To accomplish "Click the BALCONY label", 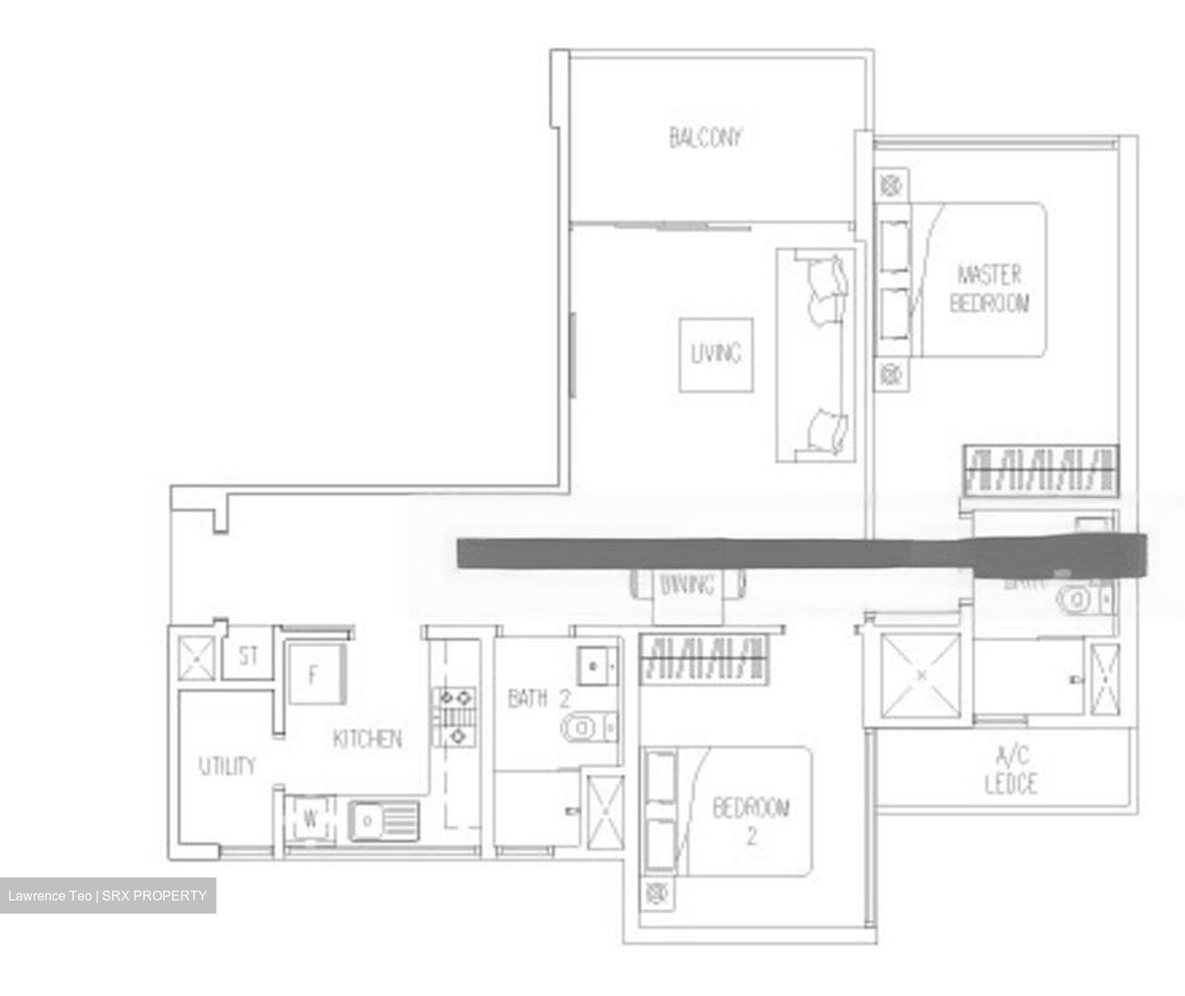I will (x=705, y=137).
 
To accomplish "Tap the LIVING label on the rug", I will (x=715, y=354).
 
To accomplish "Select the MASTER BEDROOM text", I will (x=989, y=288).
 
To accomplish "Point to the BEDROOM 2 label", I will (x=750, y=821).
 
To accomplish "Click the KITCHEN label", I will (x=367, y=738).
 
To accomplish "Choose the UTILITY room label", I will (x=227, y=766).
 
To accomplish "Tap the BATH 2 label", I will (x=539, y=700).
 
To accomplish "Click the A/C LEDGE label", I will (x=1011, y=770).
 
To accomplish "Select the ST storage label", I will (x=248, y=656).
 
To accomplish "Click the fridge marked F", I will (x=314, y=675).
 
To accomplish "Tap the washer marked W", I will (x=310, y=819).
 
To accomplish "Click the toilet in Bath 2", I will (x=586, y=727).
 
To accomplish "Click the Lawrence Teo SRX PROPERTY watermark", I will (x=108, y=896).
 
